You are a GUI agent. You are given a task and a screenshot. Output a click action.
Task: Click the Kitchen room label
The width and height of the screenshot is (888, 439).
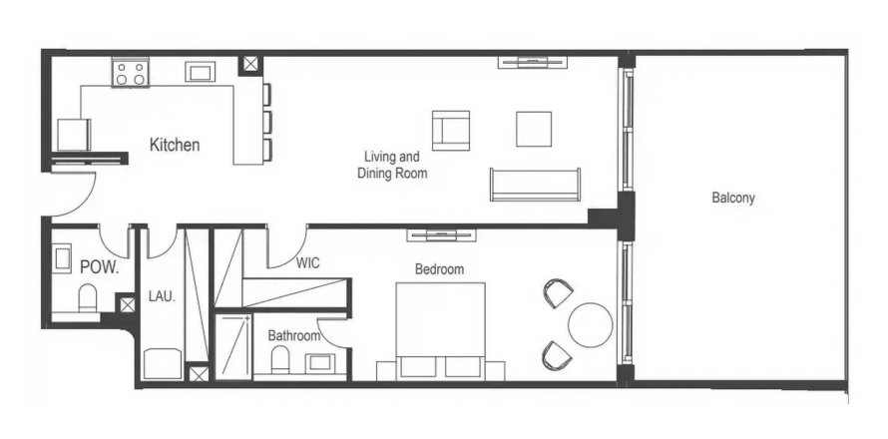click(x=175, y=145)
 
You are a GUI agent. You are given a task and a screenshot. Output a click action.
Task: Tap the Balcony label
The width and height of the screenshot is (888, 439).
click(x=733, y=199)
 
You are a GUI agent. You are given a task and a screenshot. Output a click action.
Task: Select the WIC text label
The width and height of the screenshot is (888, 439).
click(x=307, y=262)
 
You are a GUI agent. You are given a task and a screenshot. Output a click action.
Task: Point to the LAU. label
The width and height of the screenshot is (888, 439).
click(x=162, y=295)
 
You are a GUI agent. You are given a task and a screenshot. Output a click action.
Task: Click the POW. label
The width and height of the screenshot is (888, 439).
click(x=100, y=267)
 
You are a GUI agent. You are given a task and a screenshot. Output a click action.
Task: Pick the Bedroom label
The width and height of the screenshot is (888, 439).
click(x=439, y=269)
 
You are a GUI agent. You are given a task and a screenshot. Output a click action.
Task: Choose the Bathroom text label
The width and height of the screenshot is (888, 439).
click(x=294, y=336)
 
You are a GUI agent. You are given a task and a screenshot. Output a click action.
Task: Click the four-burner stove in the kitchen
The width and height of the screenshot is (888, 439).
click(x=131, y=73)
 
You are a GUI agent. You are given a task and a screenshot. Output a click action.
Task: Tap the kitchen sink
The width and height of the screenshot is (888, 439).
click(x=200, y=72)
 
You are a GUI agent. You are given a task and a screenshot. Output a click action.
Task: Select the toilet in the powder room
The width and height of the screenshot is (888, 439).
click(x=88, y=298)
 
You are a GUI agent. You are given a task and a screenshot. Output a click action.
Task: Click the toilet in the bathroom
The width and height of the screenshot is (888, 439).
click(x=280, y=360)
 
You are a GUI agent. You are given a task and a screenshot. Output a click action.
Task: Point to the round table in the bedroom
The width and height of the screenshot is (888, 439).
click(x=590, y=325)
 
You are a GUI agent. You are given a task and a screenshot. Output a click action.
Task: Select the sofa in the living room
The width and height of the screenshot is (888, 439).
click(x=535, y=185)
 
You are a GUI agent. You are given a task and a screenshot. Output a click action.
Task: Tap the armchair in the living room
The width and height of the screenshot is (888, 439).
click(x=451, y=131)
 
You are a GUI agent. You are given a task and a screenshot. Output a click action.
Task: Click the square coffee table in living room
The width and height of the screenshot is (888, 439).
click(x=534, y=129)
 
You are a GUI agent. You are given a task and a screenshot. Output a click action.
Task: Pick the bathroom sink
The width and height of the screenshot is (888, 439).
click(x=320, y=362)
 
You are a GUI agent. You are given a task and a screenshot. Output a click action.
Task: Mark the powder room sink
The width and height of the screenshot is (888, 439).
click(x=62, y=258)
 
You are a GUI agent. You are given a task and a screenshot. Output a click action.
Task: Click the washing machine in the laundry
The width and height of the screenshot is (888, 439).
click(x=163, y=363)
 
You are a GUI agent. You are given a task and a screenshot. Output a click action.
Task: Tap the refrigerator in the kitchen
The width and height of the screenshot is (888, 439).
click(x=74, y=135)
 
